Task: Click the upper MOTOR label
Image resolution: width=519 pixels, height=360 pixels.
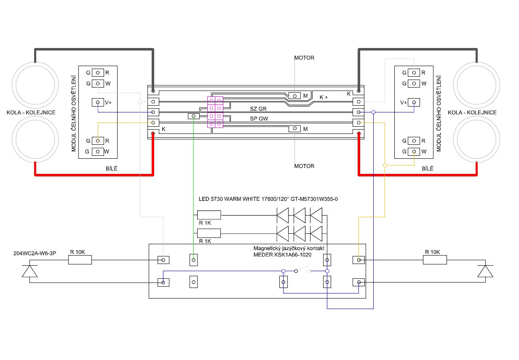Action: [304, 58]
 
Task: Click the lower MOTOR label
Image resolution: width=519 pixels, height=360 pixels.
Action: [304, 166]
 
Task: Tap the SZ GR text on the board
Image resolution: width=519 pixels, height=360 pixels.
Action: [258, 109]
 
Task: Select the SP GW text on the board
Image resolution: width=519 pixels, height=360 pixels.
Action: [259, 119]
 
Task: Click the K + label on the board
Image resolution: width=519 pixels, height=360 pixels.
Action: [324, 97]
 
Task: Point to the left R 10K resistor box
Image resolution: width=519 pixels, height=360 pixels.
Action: [80, 260]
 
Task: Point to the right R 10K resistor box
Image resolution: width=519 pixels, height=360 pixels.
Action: [435, 260]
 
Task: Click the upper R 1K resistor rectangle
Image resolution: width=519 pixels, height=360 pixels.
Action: [209, 215]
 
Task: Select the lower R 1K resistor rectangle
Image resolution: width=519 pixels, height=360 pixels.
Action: [209, 233]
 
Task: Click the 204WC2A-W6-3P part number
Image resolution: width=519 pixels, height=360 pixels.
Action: [35, 253]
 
